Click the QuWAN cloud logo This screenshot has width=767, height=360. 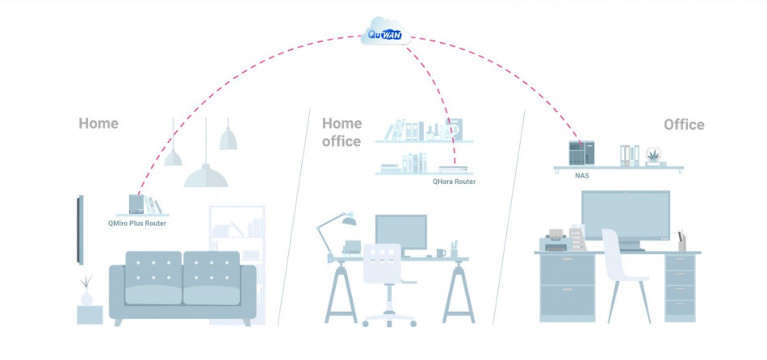tap(385, 31)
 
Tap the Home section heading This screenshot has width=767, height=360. tap(98, 123)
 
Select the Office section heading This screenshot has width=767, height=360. tap(684, 124)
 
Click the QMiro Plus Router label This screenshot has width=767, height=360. tap(137, 223)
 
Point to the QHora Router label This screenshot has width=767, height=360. tap(454, 182)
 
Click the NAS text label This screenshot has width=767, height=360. tap(581, 174)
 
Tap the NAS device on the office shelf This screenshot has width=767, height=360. tap(580, 153)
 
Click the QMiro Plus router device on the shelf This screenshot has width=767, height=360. tap(136, 204)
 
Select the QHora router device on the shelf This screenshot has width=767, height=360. tap(453, 170)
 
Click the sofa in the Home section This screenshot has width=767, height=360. tap(182, 283)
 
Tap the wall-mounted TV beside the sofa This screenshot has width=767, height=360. tap(80, 230)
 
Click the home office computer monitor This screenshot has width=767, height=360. tap(400, 232)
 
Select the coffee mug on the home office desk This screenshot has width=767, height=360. tap(441, 253)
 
